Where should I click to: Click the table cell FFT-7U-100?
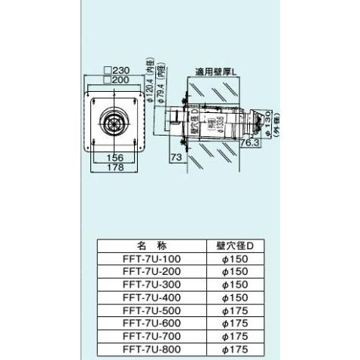tap(151, 258)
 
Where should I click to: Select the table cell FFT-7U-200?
tap(151, 270)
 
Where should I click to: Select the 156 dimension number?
tap(114, 158)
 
